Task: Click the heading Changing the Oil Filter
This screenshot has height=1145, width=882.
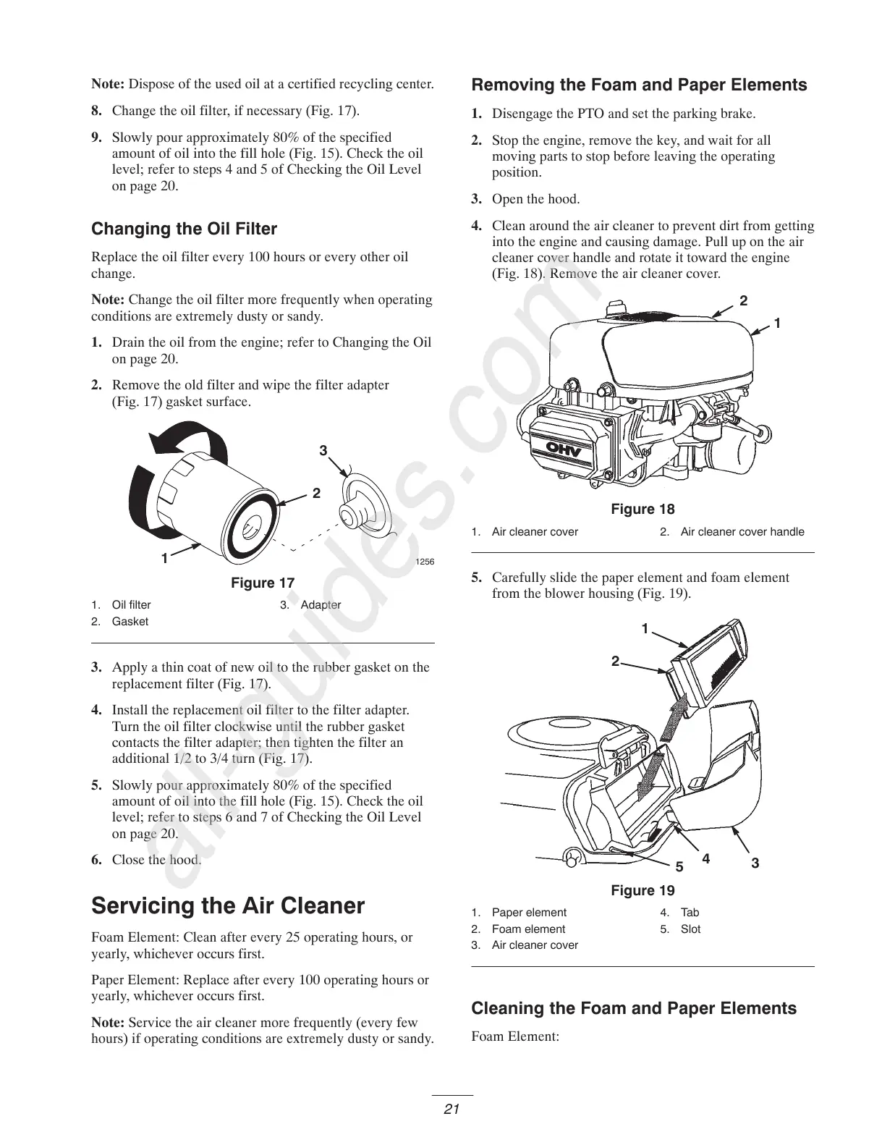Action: pos(184,229)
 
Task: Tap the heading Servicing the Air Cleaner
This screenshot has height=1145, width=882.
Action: pos(228,906)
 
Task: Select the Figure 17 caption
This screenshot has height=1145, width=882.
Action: pos(263,583)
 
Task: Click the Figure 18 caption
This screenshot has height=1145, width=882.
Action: pos(643,510)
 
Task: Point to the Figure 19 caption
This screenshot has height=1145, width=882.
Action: pos(643,891)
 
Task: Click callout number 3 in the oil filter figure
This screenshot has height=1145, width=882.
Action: pos(323,451)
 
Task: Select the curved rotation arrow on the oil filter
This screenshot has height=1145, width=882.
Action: pos(181,449)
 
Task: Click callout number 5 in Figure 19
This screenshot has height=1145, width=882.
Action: pos(679,866)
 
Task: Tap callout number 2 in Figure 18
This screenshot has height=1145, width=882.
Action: pos(743,301)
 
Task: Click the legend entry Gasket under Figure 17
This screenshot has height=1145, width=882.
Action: pos(130,622)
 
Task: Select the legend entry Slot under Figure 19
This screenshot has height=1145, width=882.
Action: pos(690,929)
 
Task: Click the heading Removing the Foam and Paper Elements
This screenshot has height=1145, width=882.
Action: pos(639,85)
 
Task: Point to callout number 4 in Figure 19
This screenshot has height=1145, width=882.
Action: pos(705,859)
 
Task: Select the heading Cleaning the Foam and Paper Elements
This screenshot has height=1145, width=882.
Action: pos(634,1009)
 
